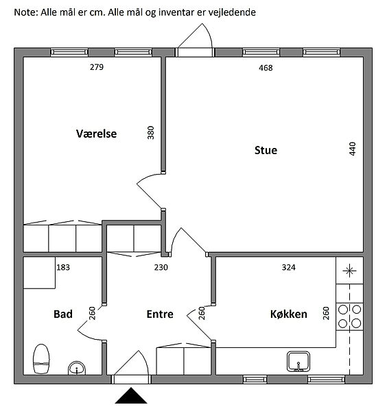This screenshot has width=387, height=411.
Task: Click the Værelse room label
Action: point(96,134)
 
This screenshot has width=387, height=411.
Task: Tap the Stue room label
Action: point(266,150)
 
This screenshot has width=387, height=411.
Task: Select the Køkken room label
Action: point(289,314)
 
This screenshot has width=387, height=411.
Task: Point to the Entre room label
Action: point(160,314)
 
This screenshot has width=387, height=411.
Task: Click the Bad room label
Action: point(63,314)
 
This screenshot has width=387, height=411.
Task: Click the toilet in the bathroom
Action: point(41,359)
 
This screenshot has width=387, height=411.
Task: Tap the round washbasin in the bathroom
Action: point(77,368)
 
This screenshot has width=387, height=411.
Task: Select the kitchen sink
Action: point(298,362)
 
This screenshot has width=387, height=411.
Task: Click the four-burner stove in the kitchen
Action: point(349,316)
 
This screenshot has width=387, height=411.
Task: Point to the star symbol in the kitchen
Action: point(349,271)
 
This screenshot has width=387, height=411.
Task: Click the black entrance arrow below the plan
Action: point(131,395)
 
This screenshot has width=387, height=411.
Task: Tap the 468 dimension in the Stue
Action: point(266,68)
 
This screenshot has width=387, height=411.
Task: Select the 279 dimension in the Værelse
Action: point(97,67)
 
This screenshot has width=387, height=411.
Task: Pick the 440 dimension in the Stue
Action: point(353,149)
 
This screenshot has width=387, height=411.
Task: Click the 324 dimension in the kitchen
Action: point(289,267)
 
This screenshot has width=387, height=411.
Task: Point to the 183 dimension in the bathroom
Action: point(63,267)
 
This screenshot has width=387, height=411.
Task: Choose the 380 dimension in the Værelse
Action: point(151,133)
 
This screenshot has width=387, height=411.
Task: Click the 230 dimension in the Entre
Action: point(161,267)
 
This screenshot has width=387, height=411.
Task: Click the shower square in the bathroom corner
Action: point(39,273)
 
